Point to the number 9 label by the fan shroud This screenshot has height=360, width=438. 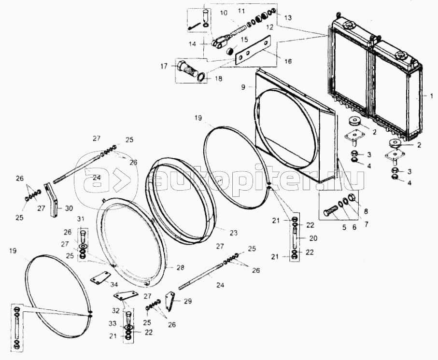[244, 87]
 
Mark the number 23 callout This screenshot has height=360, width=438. [234, 233]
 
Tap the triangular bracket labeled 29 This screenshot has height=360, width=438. [169, 301]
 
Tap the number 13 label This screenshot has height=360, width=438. [288, 17]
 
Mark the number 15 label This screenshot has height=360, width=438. [244, 39]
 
